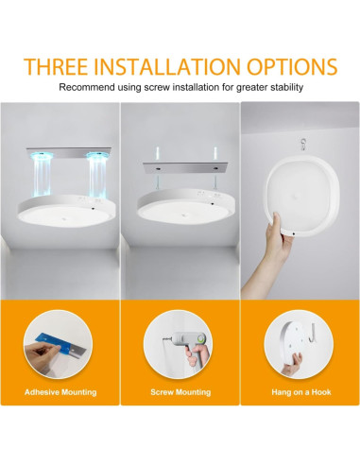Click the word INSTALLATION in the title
(x=174, y=67)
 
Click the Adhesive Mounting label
(x=61, y=390)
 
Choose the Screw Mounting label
(x=180, y=390)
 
